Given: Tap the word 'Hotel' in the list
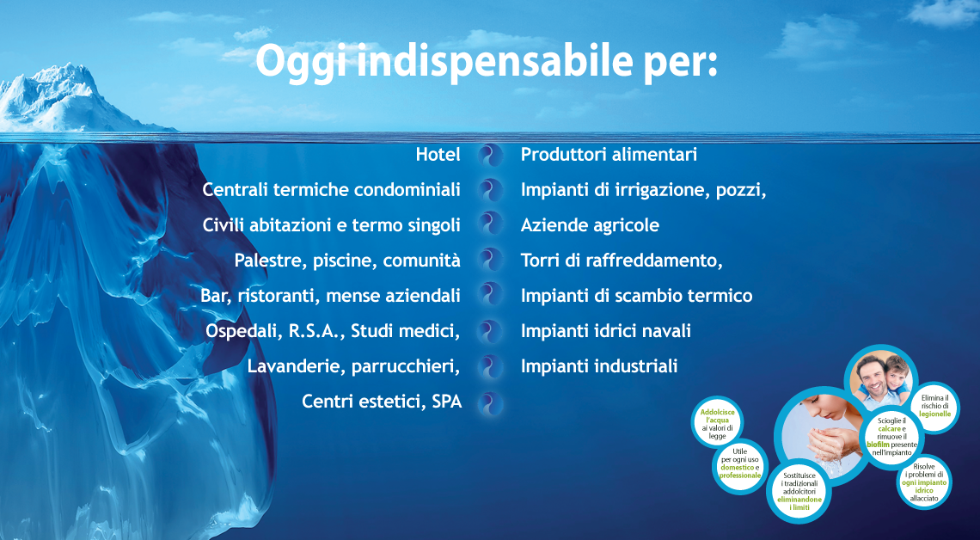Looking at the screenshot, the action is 438,155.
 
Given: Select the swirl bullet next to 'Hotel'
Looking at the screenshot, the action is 491,155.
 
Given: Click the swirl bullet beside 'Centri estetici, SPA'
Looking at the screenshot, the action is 491,403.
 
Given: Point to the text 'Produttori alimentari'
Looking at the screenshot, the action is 609,155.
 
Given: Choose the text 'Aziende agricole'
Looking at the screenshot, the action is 590,225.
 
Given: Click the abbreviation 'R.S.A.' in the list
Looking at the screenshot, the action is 317,331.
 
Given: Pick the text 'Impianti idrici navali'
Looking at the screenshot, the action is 606,331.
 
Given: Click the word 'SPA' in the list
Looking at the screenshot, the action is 447,402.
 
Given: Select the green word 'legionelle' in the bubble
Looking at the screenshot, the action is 935,414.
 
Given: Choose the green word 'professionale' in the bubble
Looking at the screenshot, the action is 740,476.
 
